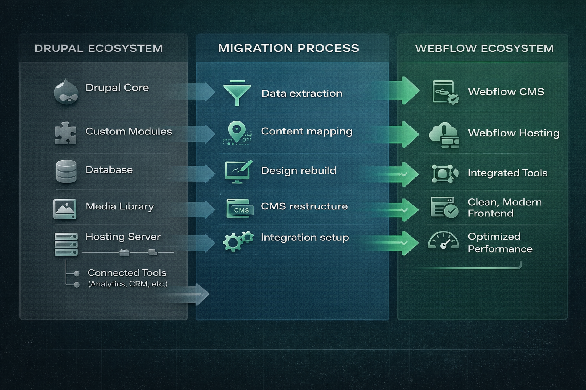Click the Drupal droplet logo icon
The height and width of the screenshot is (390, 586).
click(66, 92)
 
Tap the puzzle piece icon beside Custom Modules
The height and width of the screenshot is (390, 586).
click(65, 133)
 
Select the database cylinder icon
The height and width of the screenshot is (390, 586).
click(66, 171)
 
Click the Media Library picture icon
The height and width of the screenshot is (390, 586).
click(65, 209)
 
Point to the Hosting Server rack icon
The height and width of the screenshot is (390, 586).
click(66, 244)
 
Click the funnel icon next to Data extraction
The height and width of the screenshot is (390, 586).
click(237, 93)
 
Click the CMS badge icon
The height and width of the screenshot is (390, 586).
click(240, 208)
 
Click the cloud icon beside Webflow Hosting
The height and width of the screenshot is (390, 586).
click(444, 134)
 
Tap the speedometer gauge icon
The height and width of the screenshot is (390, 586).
click(443, 241)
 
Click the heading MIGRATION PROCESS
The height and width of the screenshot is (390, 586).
click(288, 48)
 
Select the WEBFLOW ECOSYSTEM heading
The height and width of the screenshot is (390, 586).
click(484, 48)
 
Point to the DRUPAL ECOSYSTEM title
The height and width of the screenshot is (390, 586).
click(98, 48)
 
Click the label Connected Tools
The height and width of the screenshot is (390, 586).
click(127, 273)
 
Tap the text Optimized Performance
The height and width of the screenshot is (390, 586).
click(500, 243)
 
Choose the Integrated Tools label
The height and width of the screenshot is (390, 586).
click(507, 173)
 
